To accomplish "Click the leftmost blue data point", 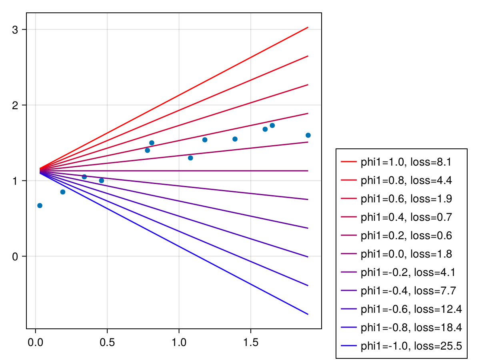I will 40,206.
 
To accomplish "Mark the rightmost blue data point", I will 308,135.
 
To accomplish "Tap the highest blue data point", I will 272,125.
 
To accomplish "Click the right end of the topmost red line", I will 308,27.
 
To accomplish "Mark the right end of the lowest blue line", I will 308,314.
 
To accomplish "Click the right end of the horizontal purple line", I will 308,171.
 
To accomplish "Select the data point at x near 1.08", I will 190,158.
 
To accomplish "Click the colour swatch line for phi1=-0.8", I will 348,328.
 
